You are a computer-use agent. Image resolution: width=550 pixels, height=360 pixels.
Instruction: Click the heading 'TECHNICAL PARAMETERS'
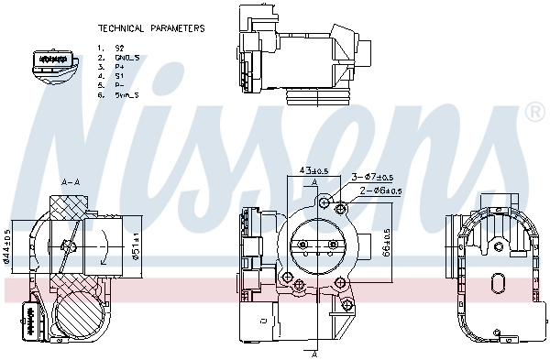(x=150, y=28)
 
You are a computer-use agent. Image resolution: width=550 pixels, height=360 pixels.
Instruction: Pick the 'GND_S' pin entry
(x=127, y=57)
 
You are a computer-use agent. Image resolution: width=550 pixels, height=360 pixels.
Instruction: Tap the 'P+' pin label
(x=119, y=66)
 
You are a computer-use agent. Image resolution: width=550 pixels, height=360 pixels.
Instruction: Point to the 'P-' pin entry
(x=119, y=85)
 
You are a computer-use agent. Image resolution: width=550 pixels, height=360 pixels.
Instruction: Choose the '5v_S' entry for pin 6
(x=126, y=95)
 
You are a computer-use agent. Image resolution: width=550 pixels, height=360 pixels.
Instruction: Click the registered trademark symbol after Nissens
(x=533, y=112)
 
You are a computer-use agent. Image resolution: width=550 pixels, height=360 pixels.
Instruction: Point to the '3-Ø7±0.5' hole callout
(x=373, y=178)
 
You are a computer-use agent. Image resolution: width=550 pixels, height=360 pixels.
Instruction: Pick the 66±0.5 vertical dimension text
(x=386, y=243)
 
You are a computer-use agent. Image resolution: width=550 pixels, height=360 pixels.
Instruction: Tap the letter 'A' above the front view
(x=315, y=184)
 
